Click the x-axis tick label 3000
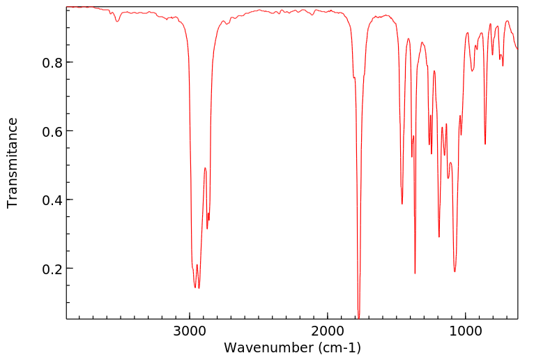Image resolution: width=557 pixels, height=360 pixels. pyautogui.click(x=190, y=330)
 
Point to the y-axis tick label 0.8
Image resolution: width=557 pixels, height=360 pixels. pyautogui.click(x=52, y=63)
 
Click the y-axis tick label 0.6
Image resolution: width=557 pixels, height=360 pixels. pyautogui.click(x=52, y=131)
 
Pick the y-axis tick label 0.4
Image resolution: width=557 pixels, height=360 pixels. pyautogui.click(x=52, y=200)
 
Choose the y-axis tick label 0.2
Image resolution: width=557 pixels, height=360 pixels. pyautogui.click(x=52, y=269)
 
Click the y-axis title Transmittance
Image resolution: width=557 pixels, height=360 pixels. pyautogui.click(x=13, y=163)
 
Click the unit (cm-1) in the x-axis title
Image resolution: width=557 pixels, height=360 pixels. pyautogui.click(x=338, y=347)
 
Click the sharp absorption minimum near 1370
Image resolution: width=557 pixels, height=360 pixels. pyautogui.click(x=415, y=273)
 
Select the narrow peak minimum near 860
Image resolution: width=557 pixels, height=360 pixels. pyautogui.click(x=485, y=144)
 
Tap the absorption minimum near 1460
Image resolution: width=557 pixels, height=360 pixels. pyautogui.click(x=402, y=204)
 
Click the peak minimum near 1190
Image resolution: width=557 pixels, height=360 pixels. pyautogui.click(x=439, y=237)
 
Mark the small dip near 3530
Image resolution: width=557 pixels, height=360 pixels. pyautogui.click(x=117, y=22)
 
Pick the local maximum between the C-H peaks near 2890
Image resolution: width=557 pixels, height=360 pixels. pyautogui.click(x=205, y=168)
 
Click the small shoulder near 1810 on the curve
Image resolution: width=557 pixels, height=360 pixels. pyautogui.click(x=354, y=77)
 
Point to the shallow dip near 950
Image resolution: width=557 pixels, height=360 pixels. pyautogui.click(x=473, y=70)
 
